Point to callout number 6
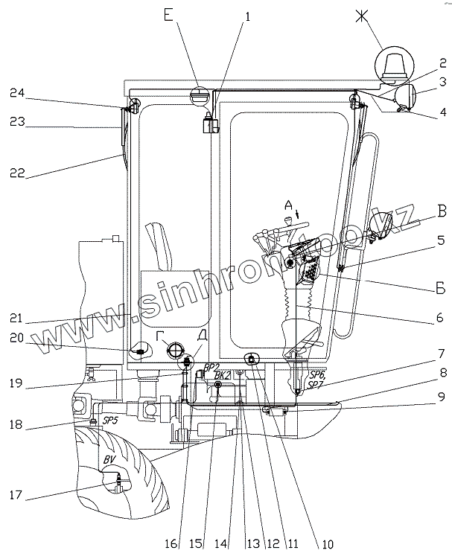click(440, 318)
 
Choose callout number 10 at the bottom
click(325, 544)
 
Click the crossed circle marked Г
click(175, 350)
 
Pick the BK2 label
click(221, 377)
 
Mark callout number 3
click(442, 82)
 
